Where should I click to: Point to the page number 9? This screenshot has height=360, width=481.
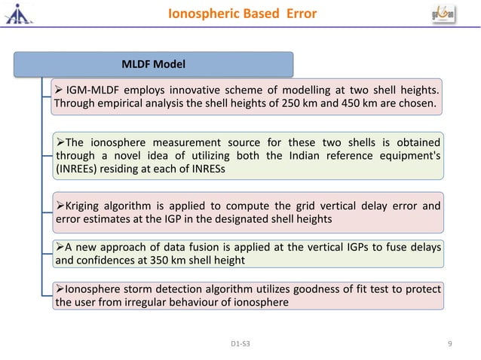click(449, 343)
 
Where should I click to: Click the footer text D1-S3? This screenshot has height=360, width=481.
click(241, 344)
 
